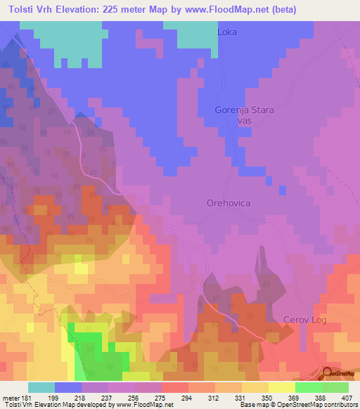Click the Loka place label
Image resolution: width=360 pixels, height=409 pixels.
(x=227, y=32)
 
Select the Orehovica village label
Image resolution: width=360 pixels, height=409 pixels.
(x=229, y=202)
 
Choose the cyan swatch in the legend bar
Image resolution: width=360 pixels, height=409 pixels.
(x=41, y=387)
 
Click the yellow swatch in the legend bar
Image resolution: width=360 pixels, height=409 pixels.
(x=282, y=387)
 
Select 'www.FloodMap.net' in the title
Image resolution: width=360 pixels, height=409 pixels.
(x=221, y=10)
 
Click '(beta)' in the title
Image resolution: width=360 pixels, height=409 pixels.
(x=281, y=10)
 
